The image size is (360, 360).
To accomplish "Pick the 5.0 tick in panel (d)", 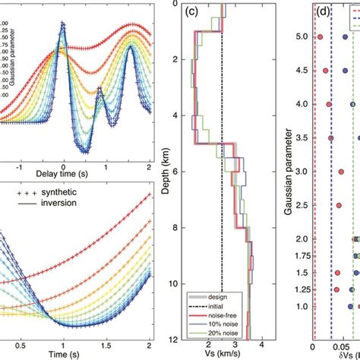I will point(302,36).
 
